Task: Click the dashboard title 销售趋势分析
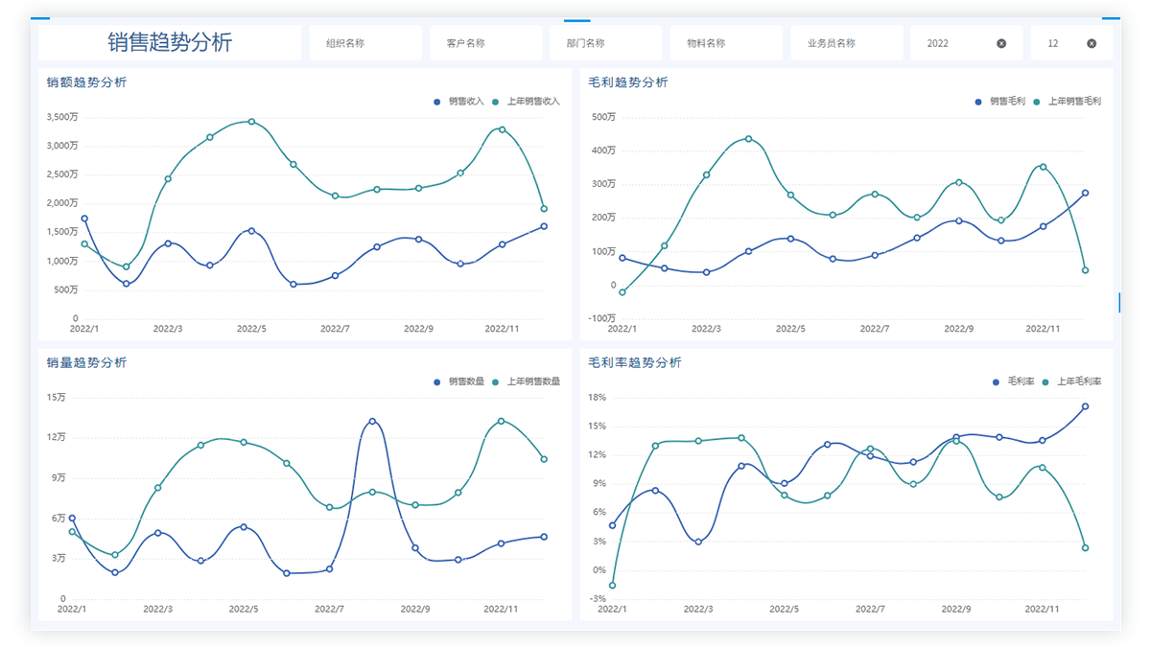tap(170, 43)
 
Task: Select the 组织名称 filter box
tap(364, 43)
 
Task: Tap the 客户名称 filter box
tap(485, 43)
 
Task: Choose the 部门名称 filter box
tap(605, 43)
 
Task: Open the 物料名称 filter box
tap(726, 43)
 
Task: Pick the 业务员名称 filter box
tap(846, 43)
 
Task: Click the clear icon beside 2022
tap(1001, 43)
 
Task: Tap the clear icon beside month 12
tap(1092, 43)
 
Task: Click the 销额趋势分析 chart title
tap(86, 82)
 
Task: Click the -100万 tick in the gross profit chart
tap(603, 318)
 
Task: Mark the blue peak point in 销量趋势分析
tap(372, 421)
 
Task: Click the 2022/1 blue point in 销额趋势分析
tap(84, 219)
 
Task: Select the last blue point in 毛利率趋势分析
tap(1085, 406)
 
